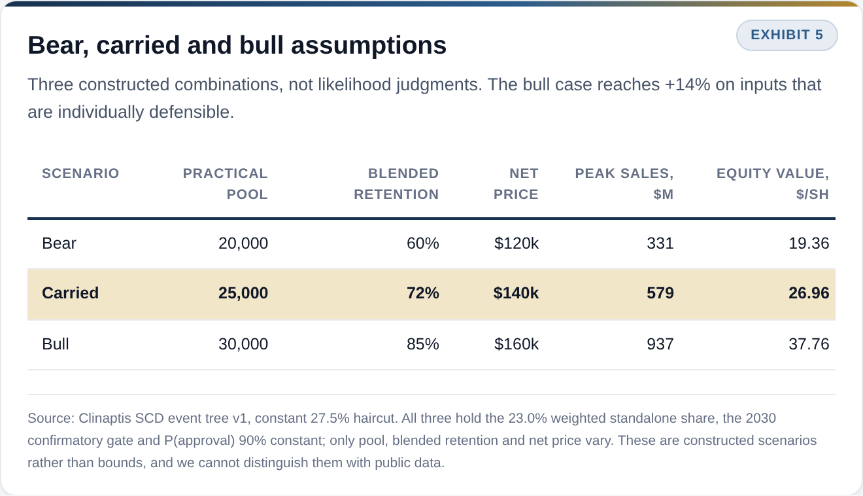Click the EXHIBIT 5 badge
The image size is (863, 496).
787,35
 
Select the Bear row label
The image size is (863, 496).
59,243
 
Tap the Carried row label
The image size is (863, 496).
70,293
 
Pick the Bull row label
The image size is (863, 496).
56,344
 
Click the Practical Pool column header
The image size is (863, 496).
226,184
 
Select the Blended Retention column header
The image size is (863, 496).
396,184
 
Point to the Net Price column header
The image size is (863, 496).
516,184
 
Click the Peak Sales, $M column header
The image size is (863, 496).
624,184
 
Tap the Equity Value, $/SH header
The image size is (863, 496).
773,184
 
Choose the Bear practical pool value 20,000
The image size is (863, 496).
243,243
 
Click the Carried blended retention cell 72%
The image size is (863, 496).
422,293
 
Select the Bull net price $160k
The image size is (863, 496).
516,344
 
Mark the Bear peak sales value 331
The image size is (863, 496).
660,243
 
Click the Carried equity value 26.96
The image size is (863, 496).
809,293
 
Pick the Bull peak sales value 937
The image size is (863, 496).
660,344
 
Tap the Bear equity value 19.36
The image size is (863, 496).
809,243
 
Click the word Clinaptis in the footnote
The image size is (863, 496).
105,419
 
